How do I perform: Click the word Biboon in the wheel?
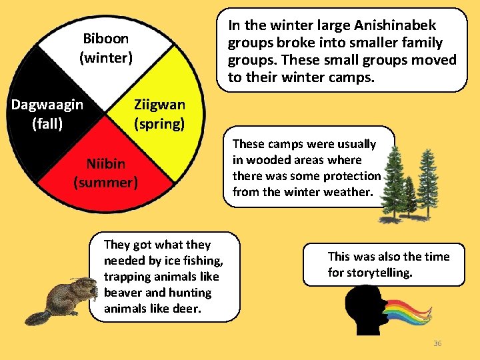[x=106, y=39]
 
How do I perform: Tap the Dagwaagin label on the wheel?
[x=47, y=105]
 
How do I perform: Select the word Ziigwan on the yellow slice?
[x=159, y=105]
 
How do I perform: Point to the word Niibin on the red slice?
[x=105, y=163]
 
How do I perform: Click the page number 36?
[x=437, y=343]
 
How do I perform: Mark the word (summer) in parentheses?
[x=105, y=181]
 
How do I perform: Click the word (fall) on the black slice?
[x=47, y=123]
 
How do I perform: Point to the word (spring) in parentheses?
[x=159, y=123]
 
